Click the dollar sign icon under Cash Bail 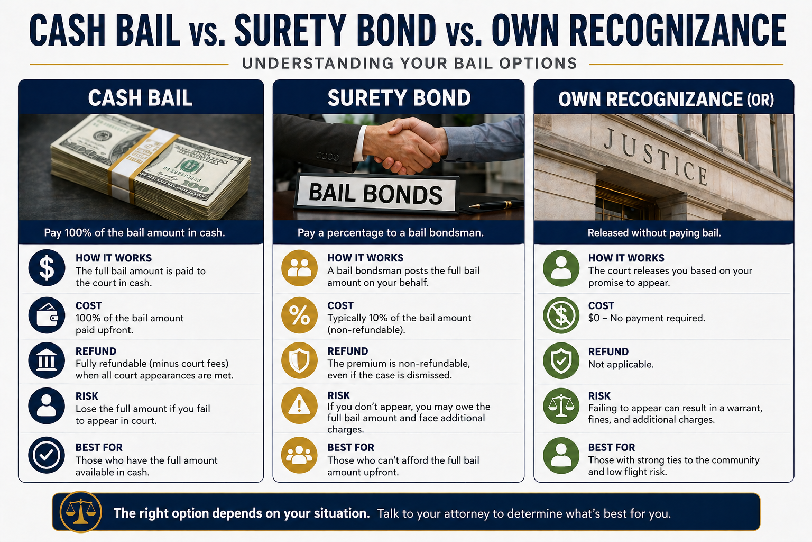(47, 268)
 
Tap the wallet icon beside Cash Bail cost (47, 315)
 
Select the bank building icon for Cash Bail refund (47, 360)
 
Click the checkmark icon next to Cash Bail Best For (47, 455)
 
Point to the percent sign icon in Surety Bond (299, 315)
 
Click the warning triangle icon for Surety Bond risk (299, 406)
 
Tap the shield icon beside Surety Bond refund (299, 360)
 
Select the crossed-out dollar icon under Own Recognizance (561, 315)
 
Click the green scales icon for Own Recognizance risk (561, 406)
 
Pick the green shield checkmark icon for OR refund (561, 361)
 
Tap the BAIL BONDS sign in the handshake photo (376, 194)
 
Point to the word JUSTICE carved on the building (656, 156)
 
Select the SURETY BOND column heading (399, 98)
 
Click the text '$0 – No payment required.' (647, 318)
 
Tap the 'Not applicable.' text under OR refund (621, 365)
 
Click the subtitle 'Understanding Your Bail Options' (409, 64)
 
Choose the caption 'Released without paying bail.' (654, 233)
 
